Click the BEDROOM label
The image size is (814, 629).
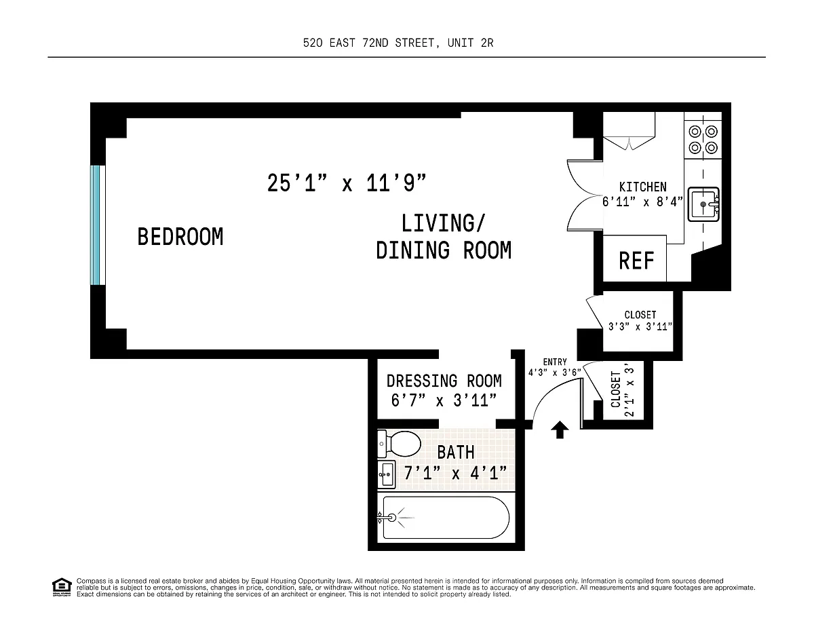pos(180,237)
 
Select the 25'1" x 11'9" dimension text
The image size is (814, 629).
pos(347,183)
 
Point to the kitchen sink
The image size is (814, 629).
pos(703,204)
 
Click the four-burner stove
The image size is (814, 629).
pos(703,139)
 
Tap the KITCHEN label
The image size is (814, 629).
pos(643,187)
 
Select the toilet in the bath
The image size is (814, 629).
pos(399,444)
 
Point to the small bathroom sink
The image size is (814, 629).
pos(387,474)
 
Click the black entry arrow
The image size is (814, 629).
pos(560,430)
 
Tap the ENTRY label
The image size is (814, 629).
pos(555,362)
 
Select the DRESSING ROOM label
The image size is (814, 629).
pos(444,381)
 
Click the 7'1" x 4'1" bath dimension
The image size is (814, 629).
pos(455,473)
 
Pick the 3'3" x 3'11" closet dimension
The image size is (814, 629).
pos(640,326)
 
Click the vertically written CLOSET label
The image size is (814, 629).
pos(615,389)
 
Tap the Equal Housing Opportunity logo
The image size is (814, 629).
pos(62,587)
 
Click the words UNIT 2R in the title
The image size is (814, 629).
pos(471,43)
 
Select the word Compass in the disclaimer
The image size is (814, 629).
pos(92,581)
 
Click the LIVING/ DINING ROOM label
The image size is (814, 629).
pos(444,237)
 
